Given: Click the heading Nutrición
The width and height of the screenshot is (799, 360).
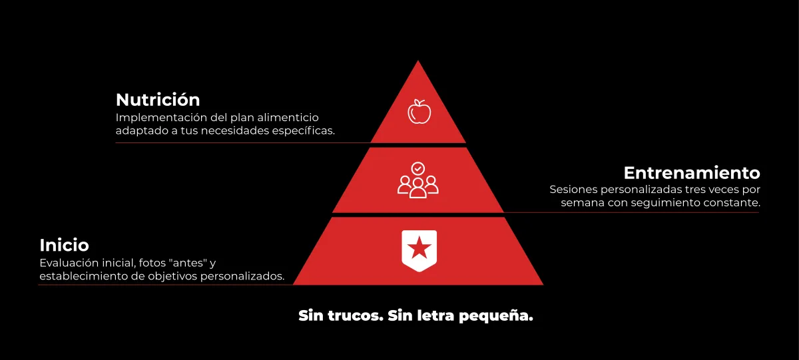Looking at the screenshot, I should (x=158, y=100).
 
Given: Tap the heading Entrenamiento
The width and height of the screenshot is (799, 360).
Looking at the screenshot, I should (x=692, y=173).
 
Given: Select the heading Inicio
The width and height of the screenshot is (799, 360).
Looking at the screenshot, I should (x=64, y=244).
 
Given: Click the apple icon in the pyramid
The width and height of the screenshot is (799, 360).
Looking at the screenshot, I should (x=419, y=111).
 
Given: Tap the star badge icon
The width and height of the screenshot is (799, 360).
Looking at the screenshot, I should (x=419, y=250).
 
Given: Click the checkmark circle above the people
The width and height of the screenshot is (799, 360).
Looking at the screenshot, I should (x=418, y=168).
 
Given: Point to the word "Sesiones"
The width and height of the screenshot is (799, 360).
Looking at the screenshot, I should (x=573, y=190).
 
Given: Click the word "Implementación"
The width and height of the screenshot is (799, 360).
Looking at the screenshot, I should (x=162, y=117).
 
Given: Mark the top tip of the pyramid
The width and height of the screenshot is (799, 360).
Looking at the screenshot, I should (x=418, y=62).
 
